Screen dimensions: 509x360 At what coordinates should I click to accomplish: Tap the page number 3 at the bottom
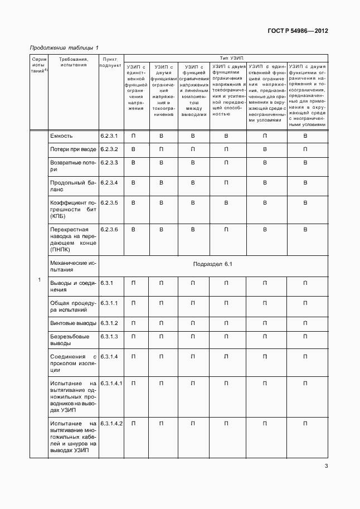pyautogui.click(x=326, y=467)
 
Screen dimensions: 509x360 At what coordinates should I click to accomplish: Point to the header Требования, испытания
pyautogui.click(x=74, y=61)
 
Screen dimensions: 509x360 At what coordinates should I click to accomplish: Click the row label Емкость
pyautogui.click(x=61, y=135)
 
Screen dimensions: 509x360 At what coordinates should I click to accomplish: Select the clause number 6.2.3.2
pyautogui.click(x=109, y=149)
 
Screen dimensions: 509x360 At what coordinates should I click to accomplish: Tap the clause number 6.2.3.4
pyautogui.click(x=109, y=183)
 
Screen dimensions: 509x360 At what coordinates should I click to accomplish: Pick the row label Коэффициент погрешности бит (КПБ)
pyautogui.click(x=73, y=209)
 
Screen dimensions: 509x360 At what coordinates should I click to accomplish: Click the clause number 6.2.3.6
pyautogui.click(x=109, y=229)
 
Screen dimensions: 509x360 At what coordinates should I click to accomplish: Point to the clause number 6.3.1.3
pyautogui.click(x=109, y=336)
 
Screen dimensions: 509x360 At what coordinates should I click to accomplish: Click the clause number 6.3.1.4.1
pyautogui.click(x=111, y=384)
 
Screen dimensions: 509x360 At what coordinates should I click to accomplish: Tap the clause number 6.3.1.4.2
pyautogui.click(x=111, y=424)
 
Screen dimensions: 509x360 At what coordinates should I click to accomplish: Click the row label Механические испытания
pyautogui.click(x=73, y=265)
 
